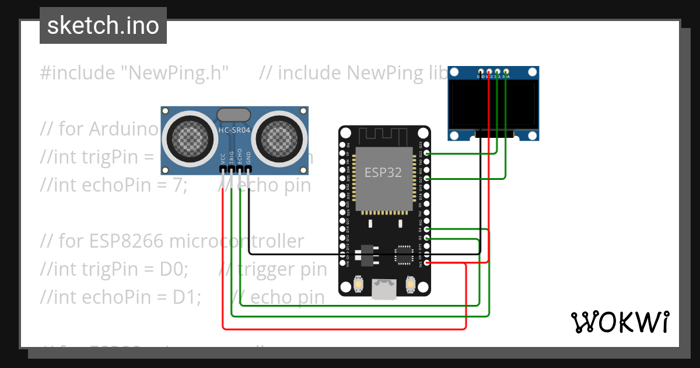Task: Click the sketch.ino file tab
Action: [103, 26]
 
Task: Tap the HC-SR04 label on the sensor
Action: [234, 131]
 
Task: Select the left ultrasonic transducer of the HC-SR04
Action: [188, 138]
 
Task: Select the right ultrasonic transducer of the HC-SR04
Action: [279, 138]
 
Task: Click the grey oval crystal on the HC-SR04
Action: [234, 114]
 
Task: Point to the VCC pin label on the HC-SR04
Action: [223, 158]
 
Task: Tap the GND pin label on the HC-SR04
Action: [249, 158]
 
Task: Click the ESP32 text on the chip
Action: [383, 172]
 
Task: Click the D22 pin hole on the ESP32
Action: [428, 153]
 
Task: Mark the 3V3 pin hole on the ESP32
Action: [428, 263]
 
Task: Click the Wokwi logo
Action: [619, 322]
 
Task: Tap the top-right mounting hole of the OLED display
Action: [531, 72]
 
